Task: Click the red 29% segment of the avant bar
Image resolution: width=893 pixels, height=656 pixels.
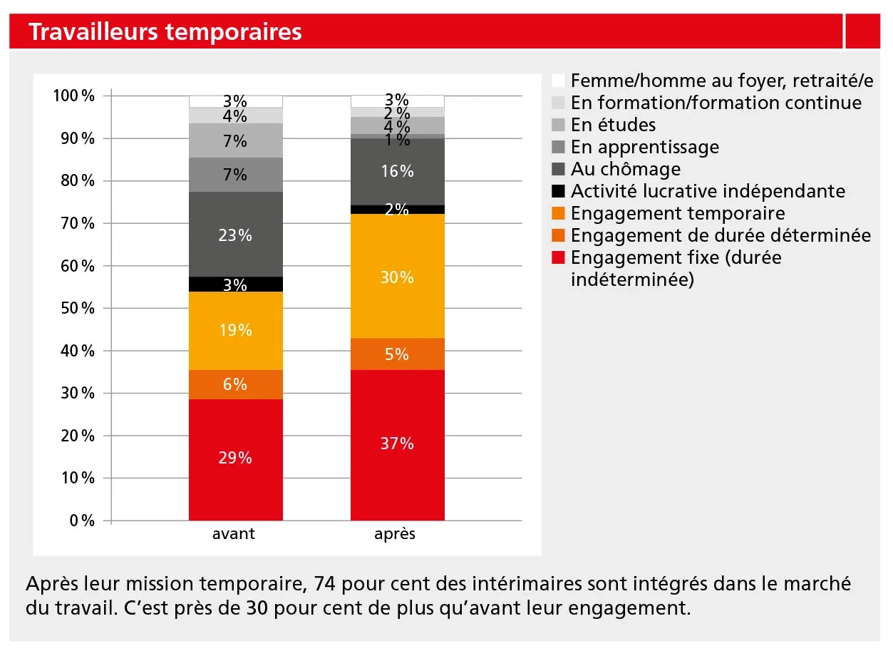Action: tap(235, 460)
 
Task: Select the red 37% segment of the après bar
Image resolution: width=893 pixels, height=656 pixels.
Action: tap(397, 446)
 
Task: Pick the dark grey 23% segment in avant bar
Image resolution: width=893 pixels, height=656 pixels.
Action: tap(235, 235)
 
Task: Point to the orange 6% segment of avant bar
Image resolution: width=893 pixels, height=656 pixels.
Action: tap(235, 384)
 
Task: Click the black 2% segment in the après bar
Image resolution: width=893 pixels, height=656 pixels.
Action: tap(397, 210)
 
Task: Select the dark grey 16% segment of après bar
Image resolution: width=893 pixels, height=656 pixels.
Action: tap(397, 171)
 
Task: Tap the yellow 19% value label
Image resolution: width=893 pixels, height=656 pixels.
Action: tap(235, 330)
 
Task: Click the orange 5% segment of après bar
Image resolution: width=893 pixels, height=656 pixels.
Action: tap(397, 354)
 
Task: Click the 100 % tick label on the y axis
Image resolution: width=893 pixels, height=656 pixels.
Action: tap(74, 96)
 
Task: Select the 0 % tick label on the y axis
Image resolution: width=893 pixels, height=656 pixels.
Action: tap(83, 521)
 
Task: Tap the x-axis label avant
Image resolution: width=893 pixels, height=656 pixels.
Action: tap(234, 534)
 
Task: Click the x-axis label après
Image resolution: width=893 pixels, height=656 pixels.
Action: tap(395, 534)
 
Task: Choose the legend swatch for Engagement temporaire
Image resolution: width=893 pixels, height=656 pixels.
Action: tap(559, 213)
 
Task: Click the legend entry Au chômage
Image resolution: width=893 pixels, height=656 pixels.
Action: tap(625, 169)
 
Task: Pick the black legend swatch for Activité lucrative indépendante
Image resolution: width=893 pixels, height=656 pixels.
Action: tap(559, 191)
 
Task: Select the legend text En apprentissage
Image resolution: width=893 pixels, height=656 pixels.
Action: tap(644, 147)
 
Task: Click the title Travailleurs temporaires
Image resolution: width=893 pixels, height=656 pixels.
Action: tap(165, 32)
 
